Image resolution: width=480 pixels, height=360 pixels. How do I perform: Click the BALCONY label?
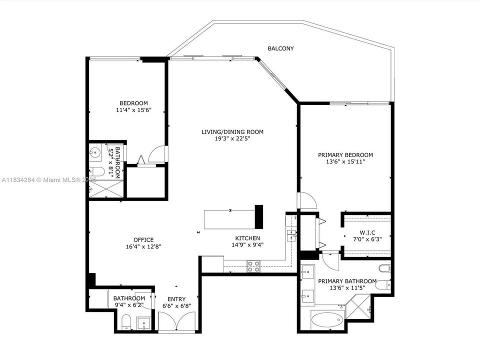280,48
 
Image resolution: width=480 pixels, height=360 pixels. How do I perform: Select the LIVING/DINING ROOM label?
232,132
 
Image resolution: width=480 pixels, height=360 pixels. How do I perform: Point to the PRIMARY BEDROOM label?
345,155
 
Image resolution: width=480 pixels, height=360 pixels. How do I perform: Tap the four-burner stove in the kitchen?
253,266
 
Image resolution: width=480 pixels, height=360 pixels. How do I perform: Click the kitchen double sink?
291,235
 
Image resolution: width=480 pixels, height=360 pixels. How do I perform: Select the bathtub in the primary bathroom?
327,319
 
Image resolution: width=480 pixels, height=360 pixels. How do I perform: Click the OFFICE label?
143,239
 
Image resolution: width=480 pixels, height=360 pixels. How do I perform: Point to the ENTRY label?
177,298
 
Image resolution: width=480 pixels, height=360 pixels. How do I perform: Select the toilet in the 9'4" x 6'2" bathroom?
126,322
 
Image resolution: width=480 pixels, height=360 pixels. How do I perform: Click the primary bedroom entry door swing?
306,201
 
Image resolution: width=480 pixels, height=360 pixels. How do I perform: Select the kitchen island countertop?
229,218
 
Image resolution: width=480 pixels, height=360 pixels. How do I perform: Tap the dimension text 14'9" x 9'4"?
247,245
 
